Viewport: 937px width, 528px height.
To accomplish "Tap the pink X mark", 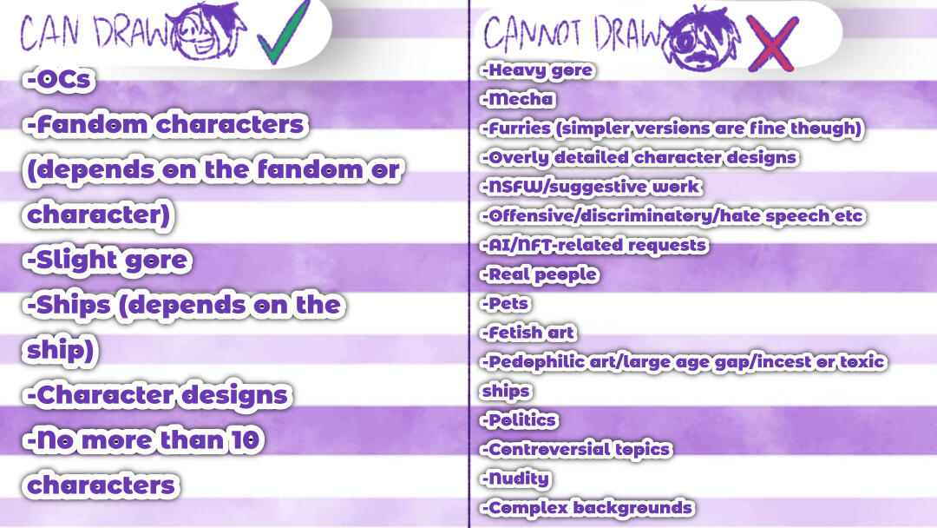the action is click(x=771, y=43).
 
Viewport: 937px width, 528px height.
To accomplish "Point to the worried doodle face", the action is click(x=700, y=39).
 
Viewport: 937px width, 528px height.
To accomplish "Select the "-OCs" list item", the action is click(x=59, y=80).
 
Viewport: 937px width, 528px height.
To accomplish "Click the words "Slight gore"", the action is click(x=112, y=261).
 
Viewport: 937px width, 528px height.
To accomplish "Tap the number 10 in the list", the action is click(x=246, y=440).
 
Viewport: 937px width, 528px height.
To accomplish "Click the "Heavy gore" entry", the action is click(x=537, y=70).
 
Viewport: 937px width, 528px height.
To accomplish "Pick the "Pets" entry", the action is click(x=506, y=304).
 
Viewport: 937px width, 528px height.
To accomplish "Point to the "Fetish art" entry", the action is click(x=528, y=333).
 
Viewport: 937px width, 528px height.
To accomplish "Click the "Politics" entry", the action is click(x=519, y=420).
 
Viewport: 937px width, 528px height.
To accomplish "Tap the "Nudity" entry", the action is click(x=515, y=479).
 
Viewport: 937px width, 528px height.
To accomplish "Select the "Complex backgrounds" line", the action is click(x=587, y=508).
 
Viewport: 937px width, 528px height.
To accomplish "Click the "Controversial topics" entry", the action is click(x=576, y=450).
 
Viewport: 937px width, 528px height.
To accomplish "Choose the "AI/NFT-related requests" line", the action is click(x=594, y=246).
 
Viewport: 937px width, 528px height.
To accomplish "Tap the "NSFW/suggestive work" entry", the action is click(x=591, y=188).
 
